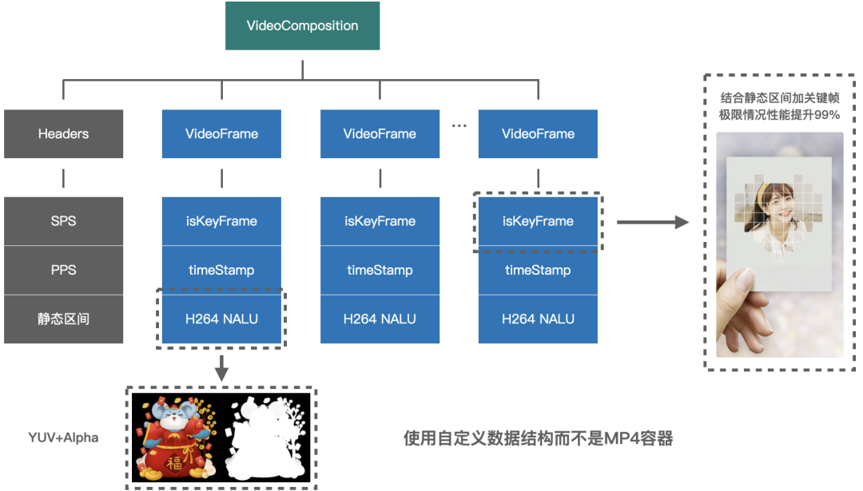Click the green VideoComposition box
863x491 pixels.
pos(302,26)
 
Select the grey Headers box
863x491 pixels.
pos(63,133)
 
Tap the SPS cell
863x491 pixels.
pos(63,221)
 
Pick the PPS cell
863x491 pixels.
pos(63,270)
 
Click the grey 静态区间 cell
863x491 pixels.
pos(63,319)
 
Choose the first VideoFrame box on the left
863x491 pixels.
pos(221,133)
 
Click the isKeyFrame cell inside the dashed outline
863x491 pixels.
pos(538,221)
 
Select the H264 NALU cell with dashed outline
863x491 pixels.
pos(221,319)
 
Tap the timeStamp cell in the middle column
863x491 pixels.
pos(380,270)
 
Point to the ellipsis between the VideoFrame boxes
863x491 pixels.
pos(459,126)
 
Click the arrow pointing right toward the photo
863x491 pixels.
pos(652,222)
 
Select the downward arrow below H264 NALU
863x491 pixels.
pos(221,368)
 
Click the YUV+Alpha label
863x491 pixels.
pos(63,438)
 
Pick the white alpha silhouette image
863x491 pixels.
pos(268,438)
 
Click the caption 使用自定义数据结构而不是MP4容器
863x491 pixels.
pos(538,438)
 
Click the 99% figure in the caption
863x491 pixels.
pos(828,114)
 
